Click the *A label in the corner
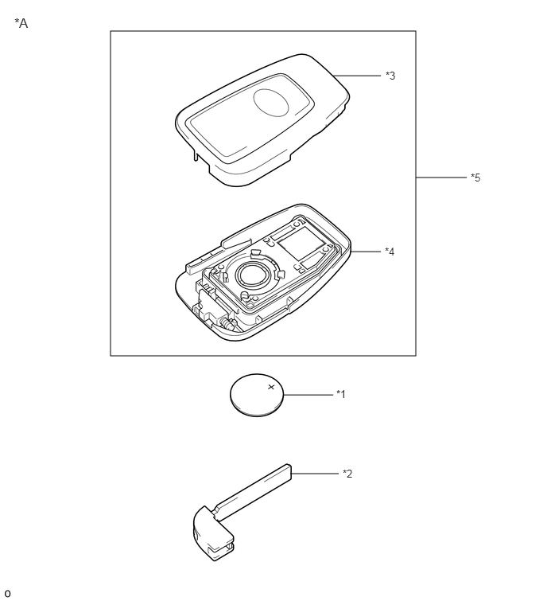click(21, 23)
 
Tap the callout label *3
click(390, 76)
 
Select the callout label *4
click(390, 252)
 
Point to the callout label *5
click(475, 178)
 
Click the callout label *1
click(340, 394)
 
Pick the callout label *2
click(347, 474)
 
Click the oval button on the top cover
click(270, 103)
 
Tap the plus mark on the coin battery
click(271, 387)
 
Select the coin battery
click(257, 395)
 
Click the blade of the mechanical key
click(253, 492)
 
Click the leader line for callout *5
click(441, 178)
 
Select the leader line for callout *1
click(308, 394)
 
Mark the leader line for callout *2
click(315, 474)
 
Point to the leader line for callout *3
click(357, 76)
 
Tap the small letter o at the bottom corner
click(7, 594)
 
